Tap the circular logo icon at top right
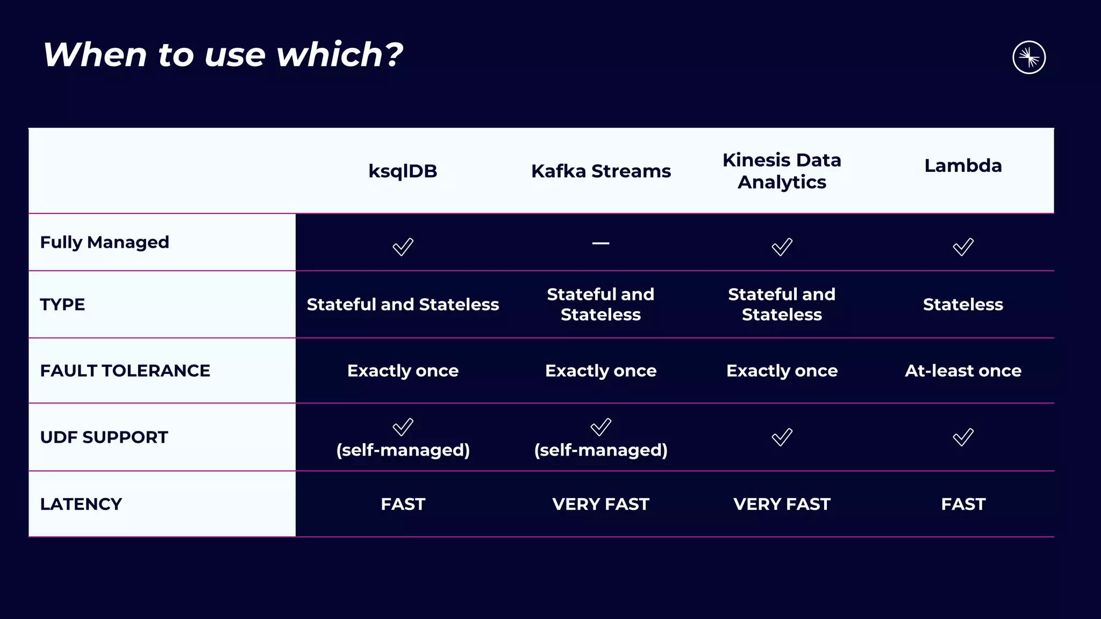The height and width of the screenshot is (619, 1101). point(1028,57)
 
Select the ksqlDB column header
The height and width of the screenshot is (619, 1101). point(403,171)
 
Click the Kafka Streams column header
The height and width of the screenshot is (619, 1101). point(600,171)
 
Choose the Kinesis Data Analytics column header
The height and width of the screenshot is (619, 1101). point(782,171)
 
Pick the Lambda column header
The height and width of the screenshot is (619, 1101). point(963,165)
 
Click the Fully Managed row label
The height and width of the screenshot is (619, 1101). point(105,242)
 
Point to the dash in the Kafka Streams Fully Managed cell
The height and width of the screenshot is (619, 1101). point(600,243)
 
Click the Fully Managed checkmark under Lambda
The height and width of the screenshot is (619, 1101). point(963,247)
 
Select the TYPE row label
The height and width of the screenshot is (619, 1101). point(62,305)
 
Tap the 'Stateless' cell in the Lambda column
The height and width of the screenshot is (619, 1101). point(963,305)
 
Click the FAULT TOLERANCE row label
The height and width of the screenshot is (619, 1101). point(125,371)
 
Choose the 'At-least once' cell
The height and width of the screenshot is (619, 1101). point(963,371)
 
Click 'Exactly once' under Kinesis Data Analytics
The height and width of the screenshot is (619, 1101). point(782,371)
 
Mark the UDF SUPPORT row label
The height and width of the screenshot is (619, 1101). point(104,437)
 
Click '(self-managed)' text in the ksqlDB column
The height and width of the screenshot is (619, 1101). point(403,450)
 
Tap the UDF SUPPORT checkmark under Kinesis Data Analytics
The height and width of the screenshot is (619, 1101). point(782,437)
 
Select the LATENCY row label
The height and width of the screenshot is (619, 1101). point(81,504)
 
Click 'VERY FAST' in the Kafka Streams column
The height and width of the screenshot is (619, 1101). point(600,504)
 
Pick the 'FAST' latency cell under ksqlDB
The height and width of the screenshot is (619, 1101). point(403,504)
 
